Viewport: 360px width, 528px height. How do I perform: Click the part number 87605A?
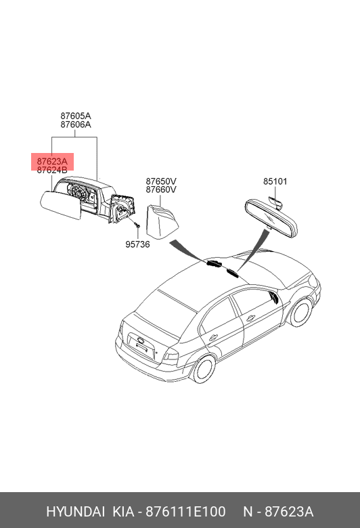coord(76,116)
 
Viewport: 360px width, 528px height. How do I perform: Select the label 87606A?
coord(76,125)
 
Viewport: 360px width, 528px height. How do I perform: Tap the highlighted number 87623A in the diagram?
coord(52,161)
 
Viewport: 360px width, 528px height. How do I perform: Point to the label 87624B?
coord(52,170)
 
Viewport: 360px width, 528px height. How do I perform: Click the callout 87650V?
coord(161,181)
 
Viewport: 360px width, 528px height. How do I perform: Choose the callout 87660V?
coord(161,190)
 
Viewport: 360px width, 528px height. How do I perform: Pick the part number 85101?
coord(275,181)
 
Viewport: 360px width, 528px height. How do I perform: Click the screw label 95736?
coord(137,244)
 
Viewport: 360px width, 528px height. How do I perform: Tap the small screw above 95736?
coord(137,224)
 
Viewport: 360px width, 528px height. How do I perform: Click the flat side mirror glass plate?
coord(61,204)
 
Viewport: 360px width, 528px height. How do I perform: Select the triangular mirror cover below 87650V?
coord(162,222)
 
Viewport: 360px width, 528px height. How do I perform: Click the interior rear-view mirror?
coord(271,218)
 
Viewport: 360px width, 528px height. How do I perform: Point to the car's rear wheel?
coord(204,369)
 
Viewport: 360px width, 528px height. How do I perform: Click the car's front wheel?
coord(300,312)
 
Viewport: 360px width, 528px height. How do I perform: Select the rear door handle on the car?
coord(213,337)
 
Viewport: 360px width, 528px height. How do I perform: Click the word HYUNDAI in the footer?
coord(75,512)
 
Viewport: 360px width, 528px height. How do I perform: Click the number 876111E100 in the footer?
coord(185,512)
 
